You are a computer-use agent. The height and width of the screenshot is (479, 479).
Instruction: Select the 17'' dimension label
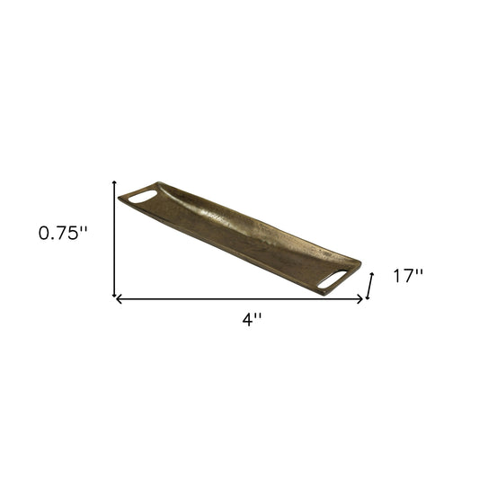click(408, 277)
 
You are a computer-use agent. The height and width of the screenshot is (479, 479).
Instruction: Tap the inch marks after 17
click(420, 272)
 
